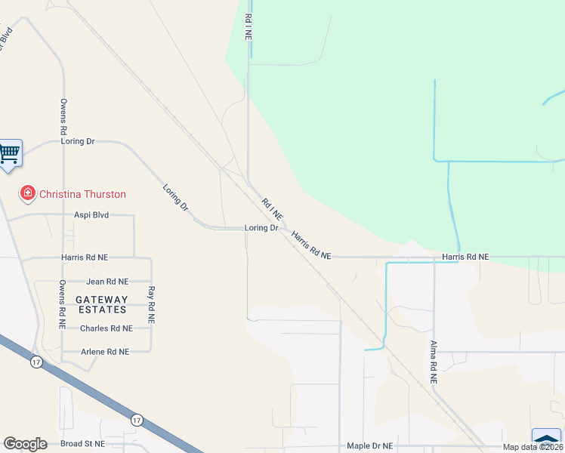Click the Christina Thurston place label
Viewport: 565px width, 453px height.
pyautogui.click(x=82, y=194)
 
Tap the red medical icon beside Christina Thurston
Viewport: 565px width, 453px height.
pyautogui.click(x=28, y=194)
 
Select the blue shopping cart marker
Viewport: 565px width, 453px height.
pyautogui.click(x=9, y=154)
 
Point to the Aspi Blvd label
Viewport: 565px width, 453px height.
pyautogui.click(x=91, y=215)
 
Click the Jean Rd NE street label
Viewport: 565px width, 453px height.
pyautogui.click(x=107, y=281)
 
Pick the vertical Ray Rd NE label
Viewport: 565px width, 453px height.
pyautogui.click(x=151, y=305)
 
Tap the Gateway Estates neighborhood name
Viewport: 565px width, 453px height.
pyautogui.click(x=101, y=304)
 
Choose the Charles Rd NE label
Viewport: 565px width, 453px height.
pyautogui.click(x=106, y=328)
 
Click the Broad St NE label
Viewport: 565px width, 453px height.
pyautogui.click(x=82, y=443)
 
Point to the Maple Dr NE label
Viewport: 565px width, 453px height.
pyautogui.click(x=370, y=446)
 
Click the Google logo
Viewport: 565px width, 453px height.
pyautogui.click(x=25, y=444)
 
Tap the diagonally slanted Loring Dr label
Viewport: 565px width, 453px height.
pyautogui.click(x=176, y=197)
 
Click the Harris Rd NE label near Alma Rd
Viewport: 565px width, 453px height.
pyautogui.click(x=465, y=257)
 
